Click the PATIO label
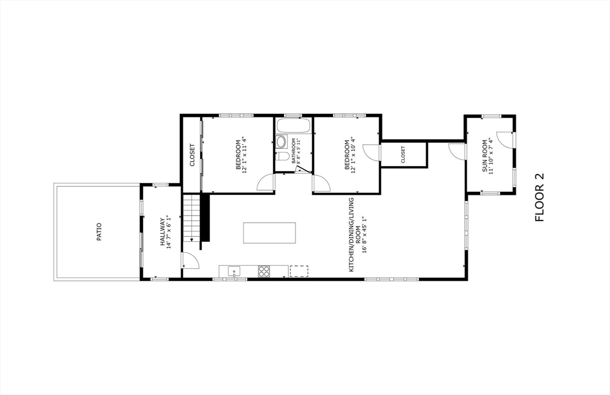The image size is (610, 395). pyautogui.click(x=99, y=232)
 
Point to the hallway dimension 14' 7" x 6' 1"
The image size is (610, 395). pyautogui.click(x=169, y=232)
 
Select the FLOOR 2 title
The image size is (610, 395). pyautogui.click(x=540, y=197)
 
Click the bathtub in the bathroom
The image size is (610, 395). pyautogui.click(x=293, y=126)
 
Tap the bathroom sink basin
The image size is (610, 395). pyautogui.click(x=281, y=142)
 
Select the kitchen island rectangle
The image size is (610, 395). pyautogui.click(x=269, y=232)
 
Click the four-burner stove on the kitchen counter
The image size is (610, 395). pyautogui.click(x=264, y=271)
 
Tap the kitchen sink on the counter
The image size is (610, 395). pyautogui.click(x=234, y=271)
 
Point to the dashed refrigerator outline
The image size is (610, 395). pyautogui.click(x=298, y=271)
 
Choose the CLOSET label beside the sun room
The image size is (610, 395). pyautogui.click(x=403, y=155)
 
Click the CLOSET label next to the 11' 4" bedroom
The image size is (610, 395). pyautogui.click(x=192, y=155)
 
